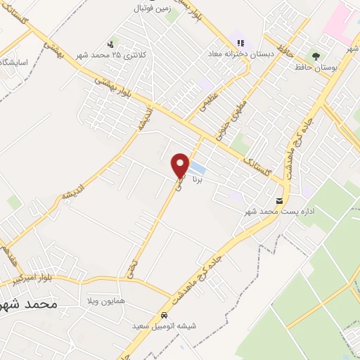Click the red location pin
click(181, 164)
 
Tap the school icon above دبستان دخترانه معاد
click(240, 43)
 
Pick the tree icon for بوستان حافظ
click(318, 56)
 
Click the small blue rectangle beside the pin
click(198, 169)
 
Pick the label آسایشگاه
click(14, 63)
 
